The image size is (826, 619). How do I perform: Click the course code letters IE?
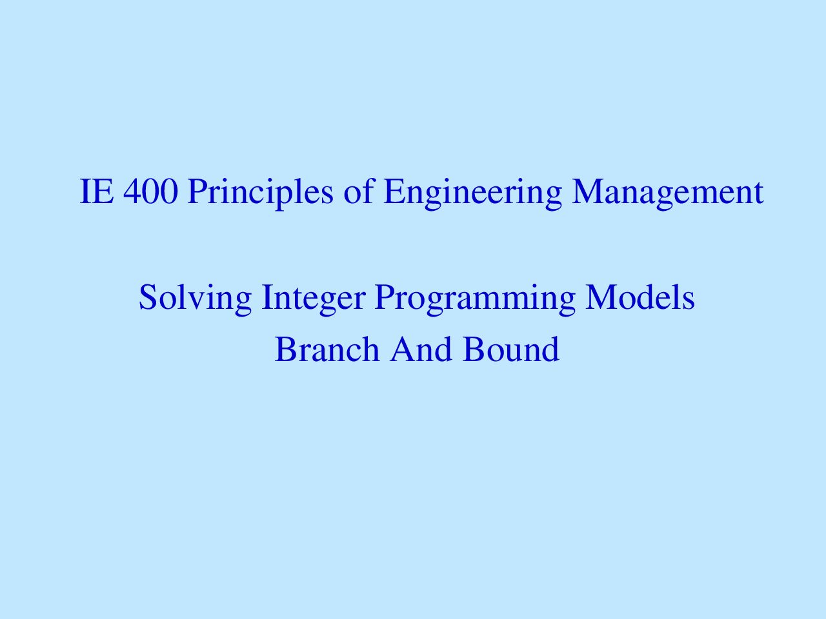[97, 192]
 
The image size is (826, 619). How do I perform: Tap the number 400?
[150, 192]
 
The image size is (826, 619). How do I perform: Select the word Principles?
[260, 193]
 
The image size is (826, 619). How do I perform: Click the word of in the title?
[359, 191]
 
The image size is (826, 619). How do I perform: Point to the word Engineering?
[472, 194]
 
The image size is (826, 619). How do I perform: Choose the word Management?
[667, 194]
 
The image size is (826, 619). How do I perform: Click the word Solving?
[195, 299]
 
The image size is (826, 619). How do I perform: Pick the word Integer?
[313, 299]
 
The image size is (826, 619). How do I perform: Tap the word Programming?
[475, 299]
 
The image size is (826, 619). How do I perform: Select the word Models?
[640, 297]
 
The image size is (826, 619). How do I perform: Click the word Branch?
[327, 349]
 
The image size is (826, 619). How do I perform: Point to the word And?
[421, 349]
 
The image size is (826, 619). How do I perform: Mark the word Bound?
[511, 349]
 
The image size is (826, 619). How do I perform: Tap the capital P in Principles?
[198, 192]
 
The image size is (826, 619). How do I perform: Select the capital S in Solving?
[148, 297]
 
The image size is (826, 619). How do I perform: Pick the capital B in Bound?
[474, 349]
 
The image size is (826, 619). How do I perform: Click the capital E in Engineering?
[394, 192]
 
